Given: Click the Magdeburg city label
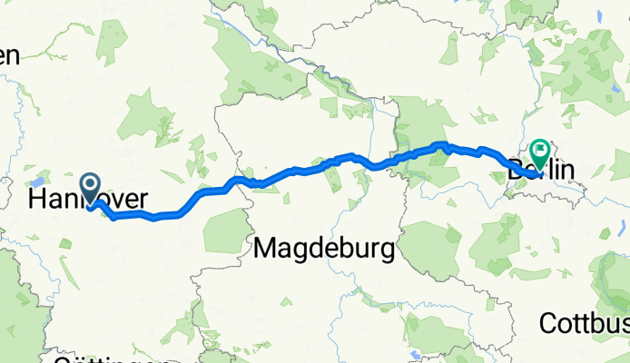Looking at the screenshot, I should (x=324, y=247).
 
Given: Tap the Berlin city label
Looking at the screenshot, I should (x=542, y=169).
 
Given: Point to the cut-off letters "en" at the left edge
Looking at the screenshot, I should (x=8, y=55).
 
